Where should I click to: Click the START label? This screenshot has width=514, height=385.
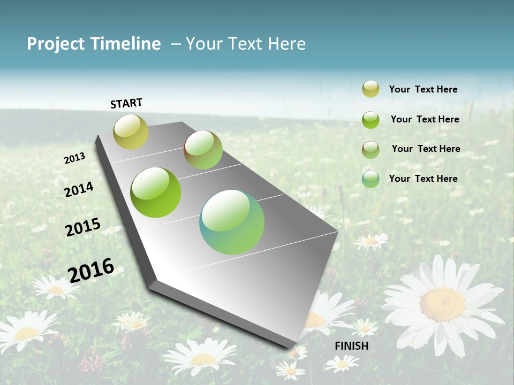click(x=126, y=103)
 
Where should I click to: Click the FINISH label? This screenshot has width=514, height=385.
click(x=351, y=346)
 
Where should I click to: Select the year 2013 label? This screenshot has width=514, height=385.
click(x=75, y=158)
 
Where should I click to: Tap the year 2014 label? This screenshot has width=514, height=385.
click(x=79, y=189)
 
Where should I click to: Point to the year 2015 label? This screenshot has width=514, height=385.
click(x=83, y=227)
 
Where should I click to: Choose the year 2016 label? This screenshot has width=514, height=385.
click(x=91, y=269)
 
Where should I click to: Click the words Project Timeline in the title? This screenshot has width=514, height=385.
click(x=94, y=44)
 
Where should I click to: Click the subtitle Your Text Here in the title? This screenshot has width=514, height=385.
click(x=245, y=44)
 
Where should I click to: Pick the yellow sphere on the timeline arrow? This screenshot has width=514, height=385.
click(x=131, y=132)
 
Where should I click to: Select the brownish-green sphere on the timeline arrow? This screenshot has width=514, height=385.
click(x=203, y=150)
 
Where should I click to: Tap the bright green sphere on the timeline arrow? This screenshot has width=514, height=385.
click(x=156, y=192)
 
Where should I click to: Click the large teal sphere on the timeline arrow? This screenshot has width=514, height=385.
click(x=232, y=222)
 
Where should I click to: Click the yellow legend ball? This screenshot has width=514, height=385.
click(x=371, y=89)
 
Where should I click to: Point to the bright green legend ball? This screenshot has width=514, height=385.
click(x=371, y=120)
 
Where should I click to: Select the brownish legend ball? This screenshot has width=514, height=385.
click(x=371, y=149)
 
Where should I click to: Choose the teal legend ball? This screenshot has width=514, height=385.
click(x=371, y=179)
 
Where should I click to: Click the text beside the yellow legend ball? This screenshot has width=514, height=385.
click(x=423, y=89)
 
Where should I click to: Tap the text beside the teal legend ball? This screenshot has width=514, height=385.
click(x=423, y=179)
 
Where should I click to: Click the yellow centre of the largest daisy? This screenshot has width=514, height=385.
click(x=442, y=304)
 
